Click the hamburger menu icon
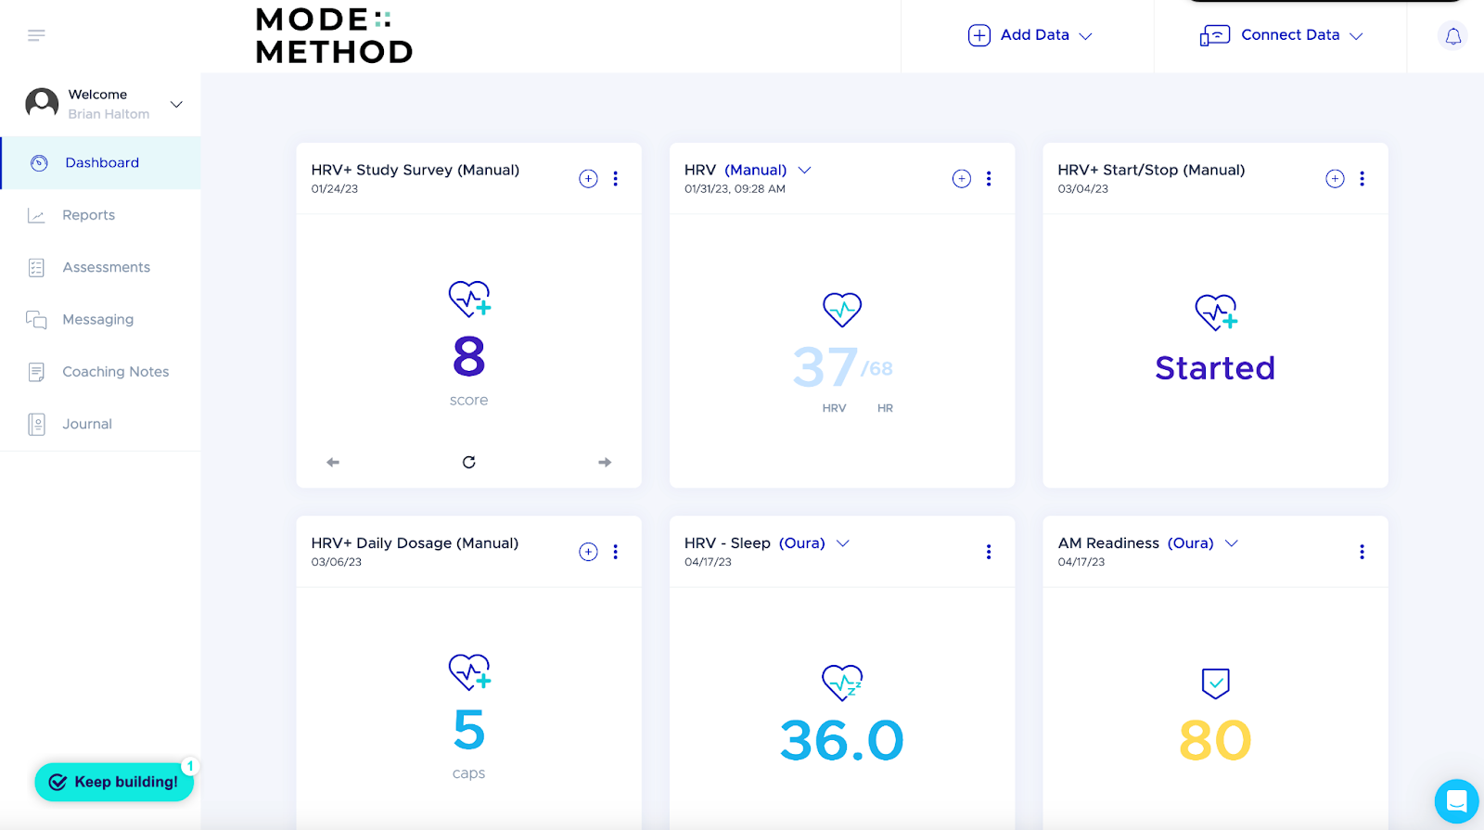point(36,35)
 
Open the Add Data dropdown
point(1030,35)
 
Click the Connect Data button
point(1281,35)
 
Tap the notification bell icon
point(1452,36)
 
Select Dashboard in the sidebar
point(101,163)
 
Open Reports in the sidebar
point(88,215)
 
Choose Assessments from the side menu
point(106,267)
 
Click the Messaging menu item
point(97,320)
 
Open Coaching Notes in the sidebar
point(115,372)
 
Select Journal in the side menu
point(86,424)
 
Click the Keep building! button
point(114,782)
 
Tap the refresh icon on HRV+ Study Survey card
point(469,462)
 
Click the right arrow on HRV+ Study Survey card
point(605,462)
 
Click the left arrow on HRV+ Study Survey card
point(333,462)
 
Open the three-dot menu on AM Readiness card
point(1362,552)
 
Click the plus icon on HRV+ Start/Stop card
point(1335,179)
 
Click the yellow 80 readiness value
point(1215,740)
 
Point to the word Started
point(1215,368)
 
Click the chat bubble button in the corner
point(1456,800)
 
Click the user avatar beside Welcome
point(42,103)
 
